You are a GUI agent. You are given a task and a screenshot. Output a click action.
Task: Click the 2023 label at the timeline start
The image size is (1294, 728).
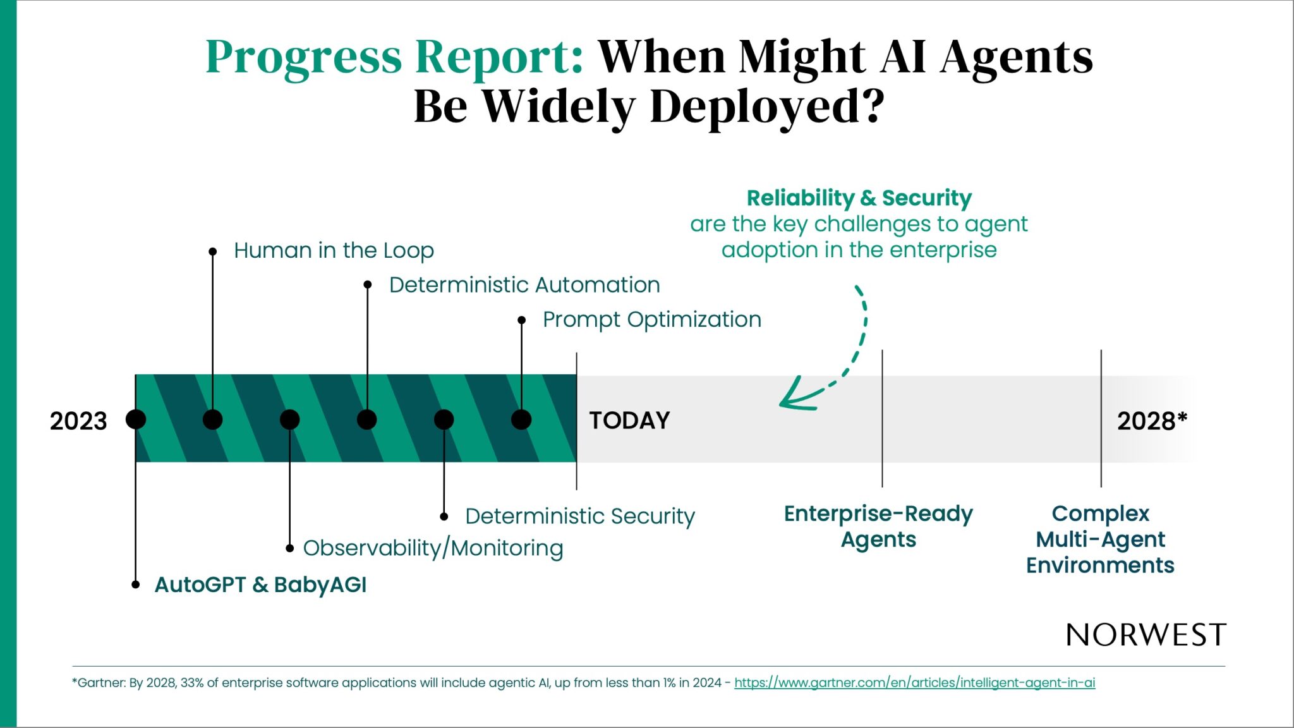pyautogui.click(x=78, y=421)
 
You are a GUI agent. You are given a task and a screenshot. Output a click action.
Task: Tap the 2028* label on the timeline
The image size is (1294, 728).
pyautogui.click(x=1152, y=421)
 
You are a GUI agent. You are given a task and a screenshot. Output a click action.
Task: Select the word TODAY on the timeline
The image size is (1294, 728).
pyautogui.click(x=629, y=420)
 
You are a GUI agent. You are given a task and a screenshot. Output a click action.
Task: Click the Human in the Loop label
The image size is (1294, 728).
pyautogui.click(x=334, y=250)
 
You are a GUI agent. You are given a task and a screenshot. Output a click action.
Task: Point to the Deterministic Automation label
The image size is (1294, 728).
pyautogui.click(x=524, y=285)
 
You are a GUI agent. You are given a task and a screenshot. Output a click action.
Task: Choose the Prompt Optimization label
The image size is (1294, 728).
pyautogui.click(x=652, y=320)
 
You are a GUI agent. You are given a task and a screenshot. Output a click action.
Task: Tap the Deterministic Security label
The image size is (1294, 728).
pyautogui.click(x=580, y=516)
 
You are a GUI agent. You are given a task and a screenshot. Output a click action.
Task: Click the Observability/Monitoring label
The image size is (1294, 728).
pyautogui.click(x=433, y=548)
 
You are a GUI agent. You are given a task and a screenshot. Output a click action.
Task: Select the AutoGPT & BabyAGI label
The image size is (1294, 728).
pyautogui.click(x=260, y=585)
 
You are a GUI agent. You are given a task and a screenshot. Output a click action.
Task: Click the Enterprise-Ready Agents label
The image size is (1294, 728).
pyautogui.click(x=878, y=526)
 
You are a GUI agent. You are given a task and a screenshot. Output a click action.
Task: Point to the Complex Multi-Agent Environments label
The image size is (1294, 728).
pyautogui.click(x=1100, y=539)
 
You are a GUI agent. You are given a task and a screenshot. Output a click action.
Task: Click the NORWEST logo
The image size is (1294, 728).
pyautogui.click(x=1146, y=634)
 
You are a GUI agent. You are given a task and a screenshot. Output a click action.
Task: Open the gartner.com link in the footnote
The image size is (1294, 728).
pyautogui.click(x=914, y=682)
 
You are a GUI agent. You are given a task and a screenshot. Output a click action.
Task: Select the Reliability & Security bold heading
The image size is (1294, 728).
pyautogui.click(x=859, y=198)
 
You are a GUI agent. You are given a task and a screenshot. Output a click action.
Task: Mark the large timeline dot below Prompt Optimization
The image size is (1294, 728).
pyautogui.click(x=521, y=419)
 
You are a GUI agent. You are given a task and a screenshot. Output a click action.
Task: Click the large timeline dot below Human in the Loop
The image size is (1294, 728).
pyautogui.click(x=213, y=419)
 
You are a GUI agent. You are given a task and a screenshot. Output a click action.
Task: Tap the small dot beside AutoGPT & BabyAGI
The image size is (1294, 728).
pyautogui.click(x=135, y=585)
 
